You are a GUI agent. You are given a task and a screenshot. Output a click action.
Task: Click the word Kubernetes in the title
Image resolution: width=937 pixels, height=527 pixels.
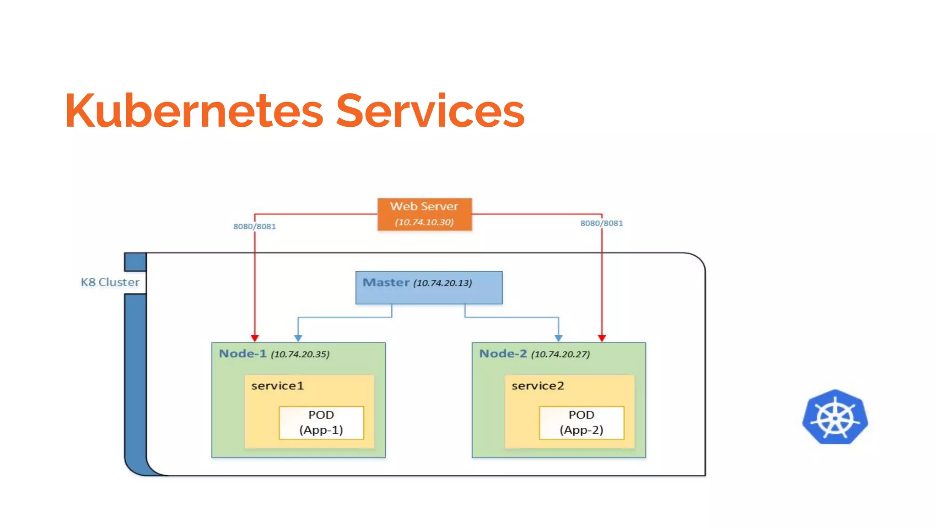coord(194,111)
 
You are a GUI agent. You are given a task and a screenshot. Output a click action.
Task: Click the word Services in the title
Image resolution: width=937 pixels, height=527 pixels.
coord(430,111)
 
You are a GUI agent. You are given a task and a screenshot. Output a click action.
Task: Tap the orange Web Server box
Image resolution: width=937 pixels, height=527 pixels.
coord(424,213)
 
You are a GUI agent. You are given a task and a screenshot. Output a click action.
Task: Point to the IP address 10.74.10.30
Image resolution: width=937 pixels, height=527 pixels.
coord(424,222)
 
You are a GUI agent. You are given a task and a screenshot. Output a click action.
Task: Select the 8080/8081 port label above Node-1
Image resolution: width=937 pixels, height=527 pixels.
coord(254,226)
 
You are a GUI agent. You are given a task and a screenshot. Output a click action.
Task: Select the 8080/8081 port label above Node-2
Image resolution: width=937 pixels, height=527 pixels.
coord(601,223)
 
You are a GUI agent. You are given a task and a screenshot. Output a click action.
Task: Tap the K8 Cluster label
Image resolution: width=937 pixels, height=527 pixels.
coord(110,282)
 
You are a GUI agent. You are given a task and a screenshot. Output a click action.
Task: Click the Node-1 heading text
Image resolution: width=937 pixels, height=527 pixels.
coord(242,354)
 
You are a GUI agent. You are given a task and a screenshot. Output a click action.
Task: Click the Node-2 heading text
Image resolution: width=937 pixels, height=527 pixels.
coord(503,354)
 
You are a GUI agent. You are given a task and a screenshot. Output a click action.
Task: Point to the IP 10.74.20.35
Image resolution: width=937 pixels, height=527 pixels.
coord(300,355)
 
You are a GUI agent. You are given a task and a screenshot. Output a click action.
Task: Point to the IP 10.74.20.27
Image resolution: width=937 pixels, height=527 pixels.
coord(560,355)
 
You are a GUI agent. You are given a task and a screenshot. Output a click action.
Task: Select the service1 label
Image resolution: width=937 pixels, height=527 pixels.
coord(277,386)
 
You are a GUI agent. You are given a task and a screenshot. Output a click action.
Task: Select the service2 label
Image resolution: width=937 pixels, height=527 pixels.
coord(538,386)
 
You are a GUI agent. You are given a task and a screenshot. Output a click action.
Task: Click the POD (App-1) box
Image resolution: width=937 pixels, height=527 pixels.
coord(321,422)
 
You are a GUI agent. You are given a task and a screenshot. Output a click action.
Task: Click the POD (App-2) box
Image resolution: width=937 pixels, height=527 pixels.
coord(582,422)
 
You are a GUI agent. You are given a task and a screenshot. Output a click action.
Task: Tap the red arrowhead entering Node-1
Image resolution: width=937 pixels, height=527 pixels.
coord(255,338)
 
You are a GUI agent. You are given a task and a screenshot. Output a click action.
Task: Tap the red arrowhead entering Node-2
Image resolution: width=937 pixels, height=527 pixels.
coord(602,338)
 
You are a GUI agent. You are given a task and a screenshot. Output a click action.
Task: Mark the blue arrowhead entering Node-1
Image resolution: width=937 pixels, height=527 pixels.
coord(298,338)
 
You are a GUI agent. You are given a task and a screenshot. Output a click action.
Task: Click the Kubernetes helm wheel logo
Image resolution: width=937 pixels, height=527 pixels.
coord(835,417)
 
